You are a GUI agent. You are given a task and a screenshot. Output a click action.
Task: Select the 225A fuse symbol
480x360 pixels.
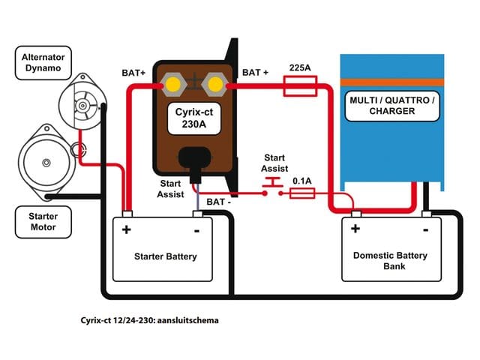[x=301, y=88]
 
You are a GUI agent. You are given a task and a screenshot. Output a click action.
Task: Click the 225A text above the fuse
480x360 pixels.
[x=301, y=67]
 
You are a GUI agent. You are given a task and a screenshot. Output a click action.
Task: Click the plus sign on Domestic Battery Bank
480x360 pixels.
[x=355, y=229]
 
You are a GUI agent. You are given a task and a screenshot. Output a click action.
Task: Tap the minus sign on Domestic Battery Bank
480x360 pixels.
[x=425, y=228]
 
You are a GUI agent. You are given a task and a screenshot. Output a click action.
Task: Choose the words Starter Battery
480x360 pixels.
[x=165, y=256]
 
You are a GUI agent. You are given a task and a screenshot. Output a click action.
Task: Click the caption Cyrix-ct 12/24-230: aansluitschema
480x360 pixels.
[x=149, y=319]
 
